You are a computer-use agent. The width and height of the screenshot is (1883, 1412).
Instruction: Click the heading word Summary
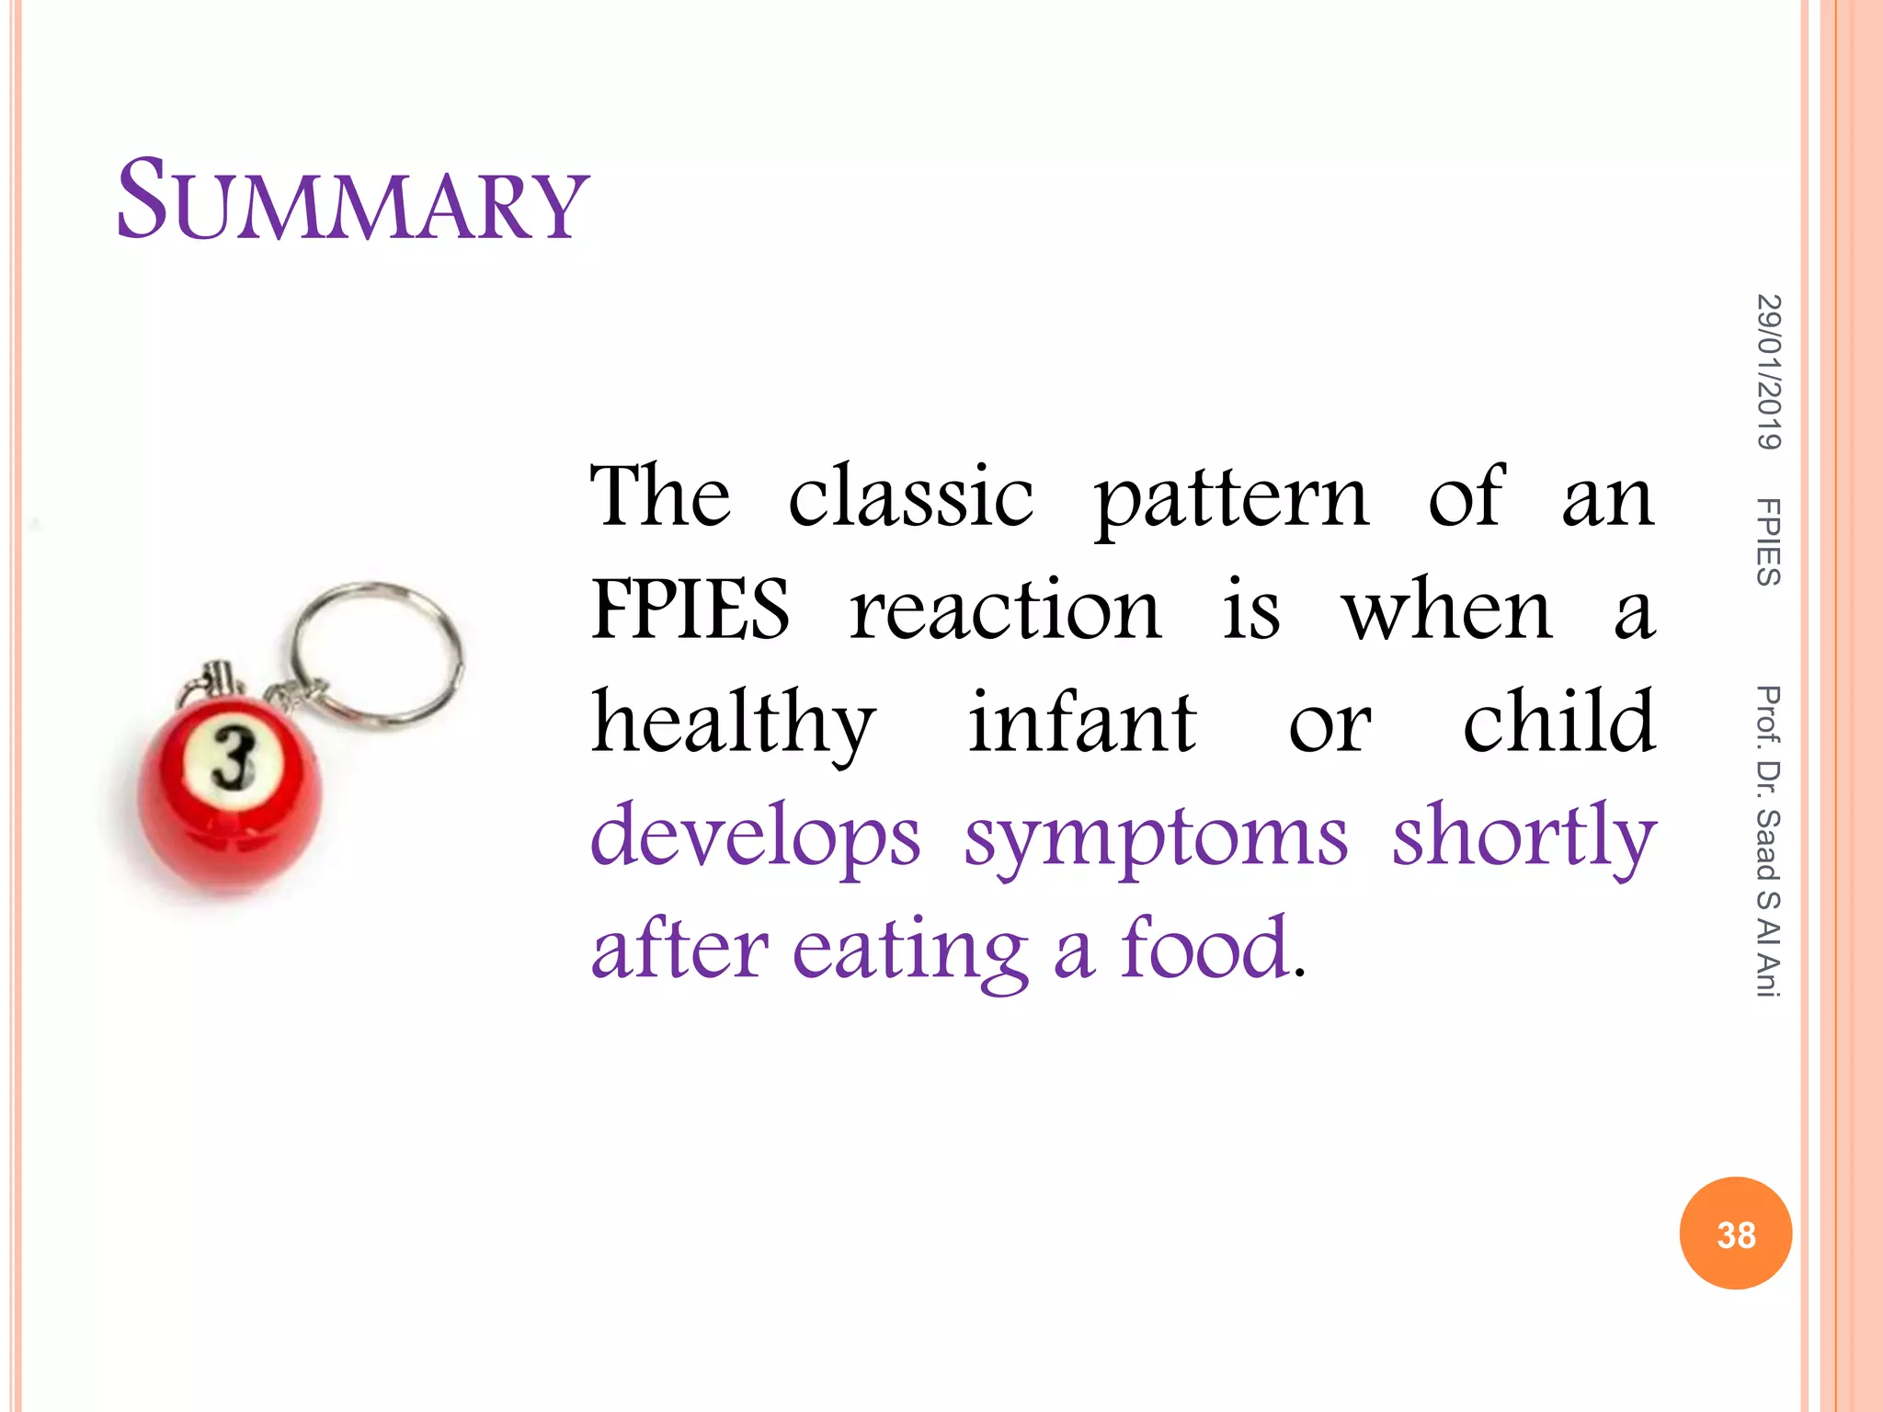(x=352, y=201)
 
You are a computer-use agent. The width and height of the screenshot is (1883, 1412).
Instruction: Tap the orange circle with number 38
(x=1735, y=1234)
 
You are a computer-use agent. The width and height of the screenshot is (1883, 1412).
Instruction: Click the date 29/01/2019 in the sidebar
(x=1768, y=372)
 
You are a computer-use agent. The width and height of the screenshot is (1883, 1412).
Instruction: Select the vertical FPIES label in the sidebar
(x=1768, y=541)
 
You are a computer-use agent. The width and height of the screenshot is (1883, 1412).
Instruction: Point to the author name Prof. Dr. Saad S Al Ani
(x=1768, y=841)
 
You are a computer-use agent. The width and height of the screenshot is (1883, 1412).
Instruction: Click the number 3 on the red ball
(x=234, y=757)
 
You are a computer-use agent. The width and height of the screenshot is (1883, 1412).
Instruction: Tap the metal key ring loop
(x=378, y=650)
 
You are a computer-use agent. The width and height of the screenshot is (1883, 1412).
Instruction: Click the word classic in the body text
(x=910, y=496)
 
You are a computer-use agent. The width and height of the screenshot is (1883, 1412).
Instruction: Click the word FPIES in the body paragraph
(x=690, y=609)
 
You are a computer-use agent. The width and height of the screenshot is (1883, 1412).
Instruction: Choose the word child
(x=1559, y=722)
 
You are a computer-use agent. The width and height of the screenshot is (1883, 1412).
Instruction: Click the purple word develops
(x=755, y=837)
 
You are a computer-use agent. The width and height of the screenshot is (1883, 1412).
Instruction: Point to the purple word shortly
(x=1524, y=837)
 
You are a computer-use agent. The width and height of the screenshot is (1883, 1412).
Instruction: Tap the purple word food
(x=1205, y=948)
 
